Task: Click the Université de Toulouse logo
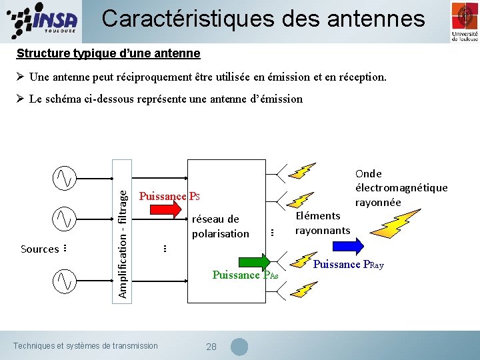coord(464,21)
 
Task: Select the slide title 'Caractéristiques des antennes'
coord(263,18)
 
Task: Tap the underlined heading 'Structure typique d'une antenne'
coord(108,53)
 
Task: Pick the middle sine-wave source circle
coord(65,218)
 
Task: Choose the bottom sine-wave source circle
coord(65,280)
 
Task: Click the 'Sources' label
coord(39,249)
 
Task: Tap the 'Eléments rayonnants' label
coord(323,223)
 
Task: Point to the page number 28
coord(211,347)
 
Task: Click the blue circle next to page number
coord(239,347)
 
